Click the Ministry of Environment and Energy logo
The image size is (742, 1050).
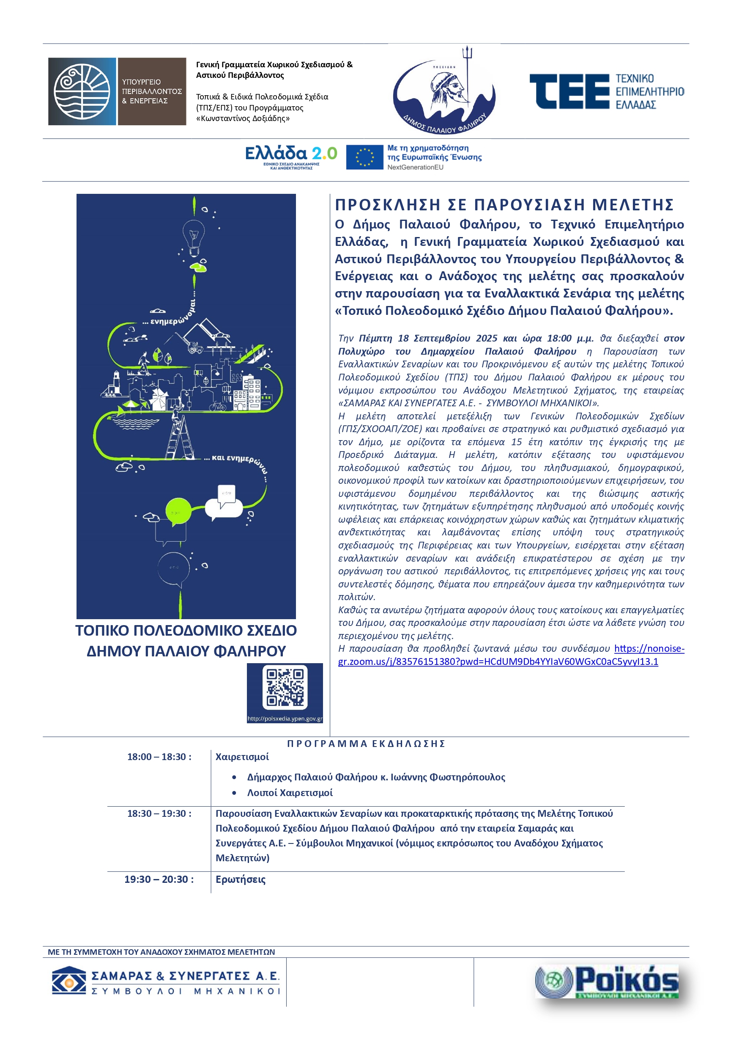click(x=117, y=91)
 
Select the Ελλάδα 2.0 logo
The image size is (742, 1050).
click(x=291, y=155)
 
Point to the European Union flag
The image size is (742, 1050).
click(x=364, y=157)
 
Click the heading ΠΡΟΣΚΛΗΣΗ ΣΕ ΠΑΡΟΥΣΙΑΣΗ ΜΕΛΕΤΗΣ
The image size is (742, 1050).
click(x=504, y=204)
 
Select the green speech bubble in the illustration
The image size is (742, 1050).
click(x=177, y=512)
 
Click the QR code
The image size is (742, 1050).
click(x=285, y=687)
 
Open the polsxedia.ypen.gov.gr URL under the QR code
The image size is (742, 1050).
click(x=285, y=719)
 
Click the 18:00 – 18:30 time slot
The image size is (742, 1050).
click(x=159, y=757)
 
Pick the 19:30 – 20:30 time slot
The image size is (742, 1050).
click(x=159, y=879)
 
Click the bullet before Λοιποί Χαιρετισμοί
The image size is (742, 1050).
click(x=234, y=793)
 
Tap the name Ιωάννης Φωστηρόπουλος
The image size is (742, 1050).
click(x=448, y=777)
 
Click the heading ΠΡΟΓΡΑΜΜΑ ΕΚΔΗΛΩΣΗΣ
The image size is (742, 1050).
click(x=366, y=744)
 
